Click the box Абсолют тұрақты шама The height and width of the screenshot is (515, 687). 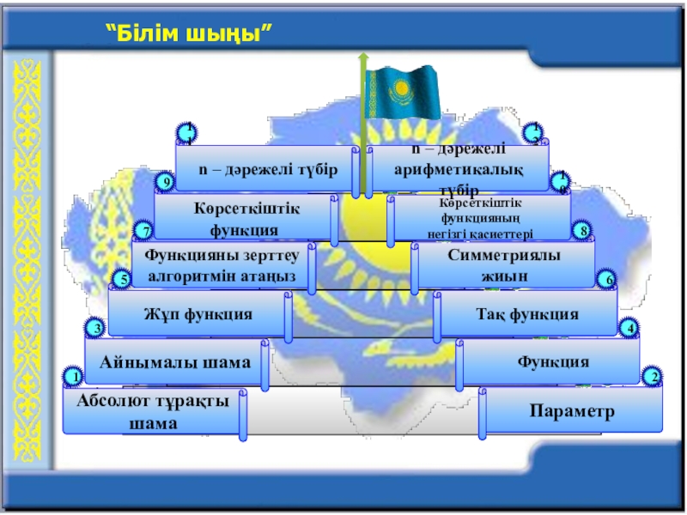153,412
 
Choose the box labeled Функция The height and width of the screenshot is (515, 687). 553,362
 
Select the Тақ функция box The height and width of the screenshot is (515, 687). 527,314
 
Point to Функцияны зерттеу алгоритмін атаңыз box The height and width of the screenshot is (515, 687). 221,265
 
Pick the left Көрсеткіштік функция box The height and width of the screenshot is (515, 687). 244,218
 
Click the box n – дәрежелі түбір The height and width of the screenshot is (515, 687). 267,168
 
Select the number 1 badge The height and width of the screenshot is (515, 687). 74,377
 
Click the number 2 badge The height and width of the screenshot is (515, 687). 653,377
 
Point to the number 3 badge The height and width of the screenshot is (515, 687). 97,328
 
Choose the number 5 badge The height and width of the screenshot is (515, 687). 124,279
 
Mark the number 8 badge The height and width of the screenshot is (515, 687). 584,231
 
